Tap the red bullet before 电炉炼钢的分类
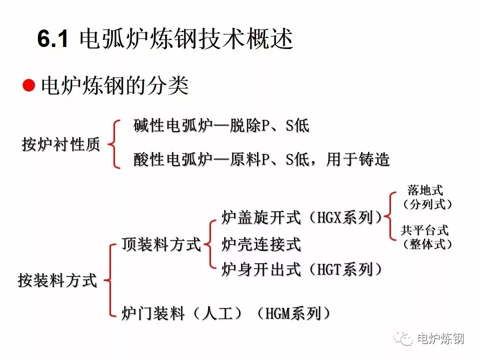[29, 85]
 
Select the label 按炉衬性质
[61, 144]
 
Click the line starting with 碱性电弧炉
[221, 125]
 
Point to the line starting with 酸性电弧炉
[261, 159]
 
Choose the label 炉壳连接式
[261, 244]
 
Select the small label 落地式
[425, 190]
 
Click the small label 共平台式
[424, 230]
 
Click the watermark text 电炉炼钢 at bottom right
[440, 338]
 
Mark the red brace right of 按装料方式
[109, 280]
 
